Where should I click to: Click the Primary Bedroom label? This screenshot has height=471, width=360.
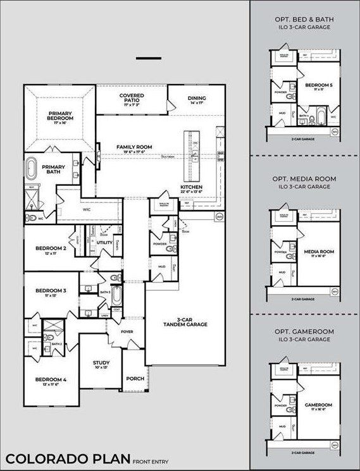click(61, 116)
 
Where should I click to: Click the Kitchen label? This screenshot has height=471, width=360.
click(191, 188)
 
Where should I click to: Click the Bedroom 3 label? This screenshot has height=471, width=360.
click(46, 291)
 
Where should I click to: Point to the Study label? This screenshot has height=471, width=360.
click(101, 363)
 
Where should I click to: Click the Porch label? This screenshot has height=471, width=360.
click(135, 379)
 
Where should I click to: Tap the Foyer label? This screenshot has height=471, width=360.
click(127, 331)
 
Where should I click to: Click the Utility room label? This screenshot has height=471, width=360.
click(105, 242)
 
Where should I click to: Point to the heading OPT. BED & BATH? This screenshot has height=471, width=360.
click(304, 19)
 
